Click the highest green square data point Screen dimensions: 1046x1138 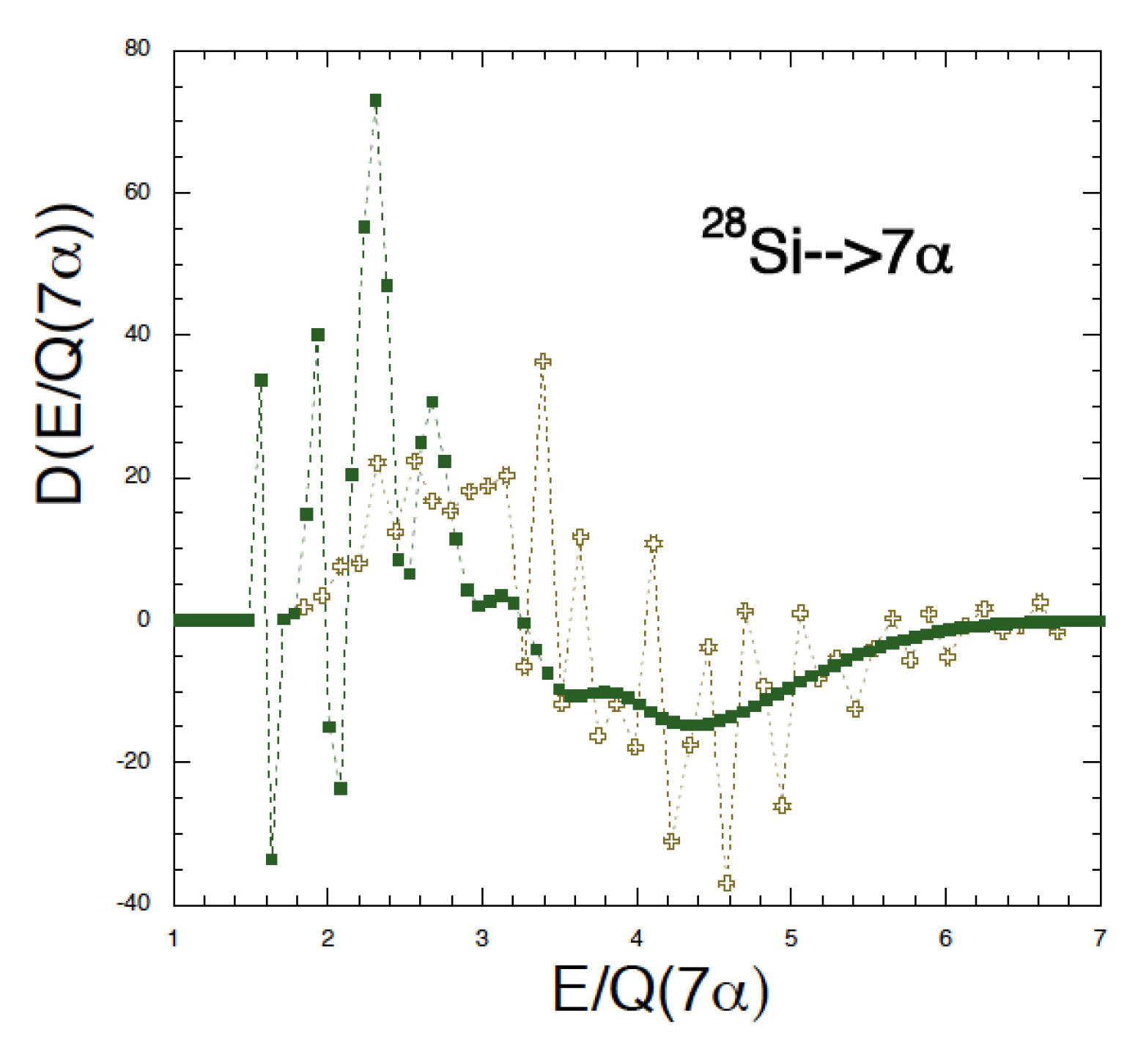coord(375,100)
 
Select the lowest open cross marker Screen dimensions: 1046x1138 coord(726,883)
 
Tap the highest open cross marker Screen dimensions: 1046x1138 coord(542,361)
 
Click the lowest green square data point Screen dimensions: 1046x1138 coord(271,859)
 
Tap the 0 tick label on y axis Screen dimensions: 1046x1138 coord(144,620)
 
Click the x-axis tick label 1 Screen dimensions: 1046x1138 coord(174,938)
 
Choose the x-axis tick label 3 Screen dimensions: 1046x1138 coord(482,938)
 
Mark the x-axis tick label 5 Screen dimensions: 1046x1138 coord(791,938)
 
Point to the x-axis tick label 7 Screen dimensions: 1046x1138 coord(1100,938)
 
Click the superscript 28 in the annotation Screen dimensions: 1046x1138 coord(723,223)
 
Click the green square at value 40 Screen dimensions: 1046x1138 coord(317,335)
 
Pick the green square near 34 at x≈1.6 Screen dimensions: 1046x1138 coord(261,380)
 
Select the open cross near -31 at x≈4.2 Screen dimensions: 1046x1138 coord(671,841)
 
